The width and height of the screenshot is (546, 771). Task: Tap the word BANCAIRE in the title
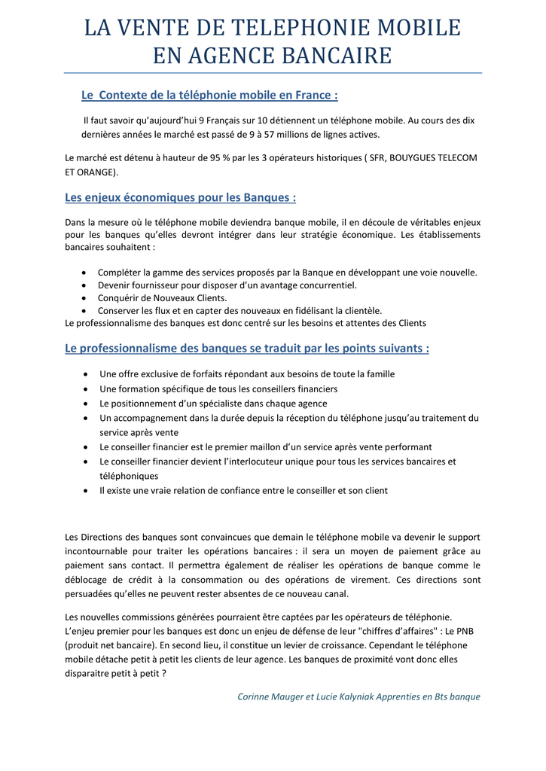tap(336, 56)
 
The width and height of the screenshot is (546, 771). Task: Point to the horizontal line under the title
tap(273, 73)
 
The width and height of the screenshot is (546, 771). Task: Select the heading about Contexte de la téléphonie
tap(209, 96)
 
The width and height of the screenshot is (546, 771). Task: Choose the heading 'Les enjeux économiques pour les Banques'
tap(181, 198)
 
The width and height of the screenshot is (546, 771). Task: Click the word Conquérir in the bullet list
tap(118, 298)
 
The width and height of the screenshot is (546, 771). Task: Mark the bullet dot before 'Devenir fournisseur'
tap(82, 285)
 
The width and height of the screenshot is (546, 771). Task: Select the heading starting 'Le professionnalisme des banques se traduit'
tap(247, 349)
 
